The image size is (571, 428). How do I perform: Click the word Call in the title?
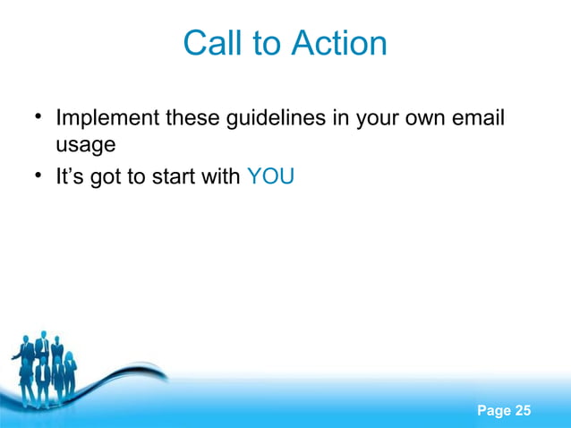click(x=209, y=43)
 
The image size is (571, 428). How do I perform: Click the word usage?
click(x=85, y=144)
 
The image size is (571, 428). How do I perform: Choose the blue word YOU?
click(x=269, y=176)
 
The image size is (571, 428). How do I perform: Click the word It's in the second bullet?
click(x=72, y=176)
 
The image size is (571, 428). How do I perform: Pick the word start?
click(x=176, y=176)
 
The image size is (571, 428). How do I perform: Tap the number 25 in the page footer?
click(x=521, y=411)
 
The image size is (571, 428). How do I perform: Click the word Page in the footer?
click(x=494, y=411)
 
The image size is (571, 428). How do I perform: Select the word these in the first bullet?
click(x=187, y=118)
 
